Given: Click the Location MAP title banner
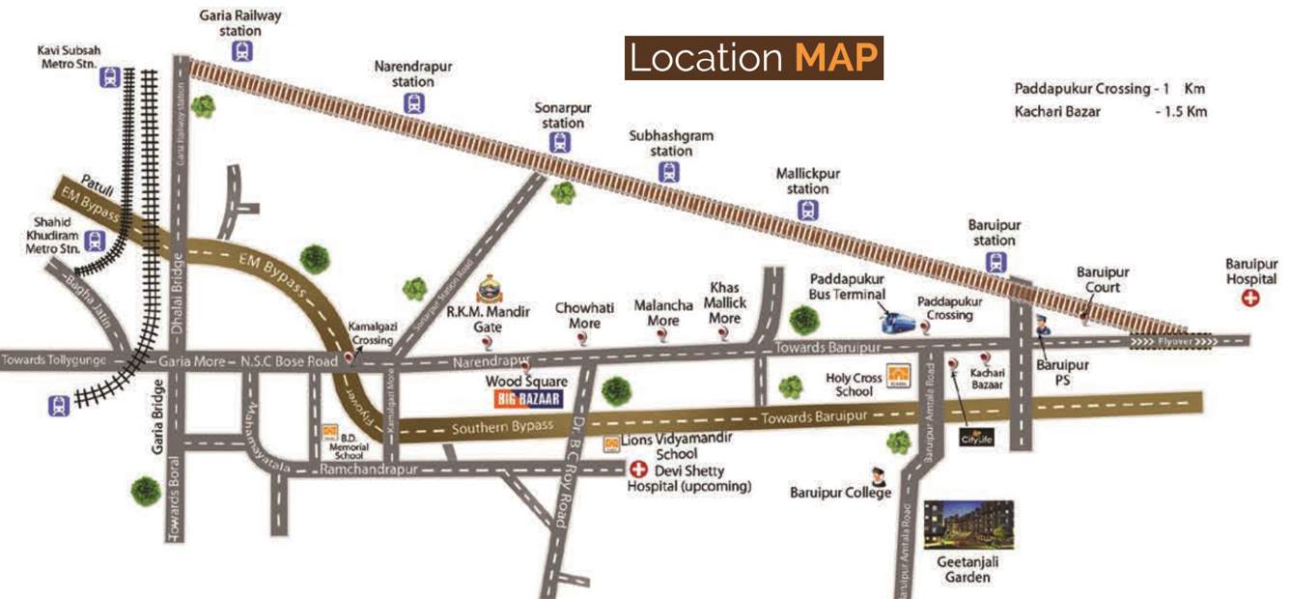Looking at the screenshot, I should pos(753,58).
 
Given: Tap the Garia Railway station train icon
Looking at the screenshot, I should pos(242,51).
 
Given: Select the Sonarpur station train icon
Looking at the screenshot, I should pos(560,142).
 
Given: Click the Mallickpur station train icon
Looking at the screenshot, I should pos(808,210).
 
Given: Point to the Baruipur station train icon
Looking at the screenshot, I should pos(995,261).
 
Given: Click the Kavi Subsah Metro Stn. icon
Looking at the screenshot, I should pos(110,77).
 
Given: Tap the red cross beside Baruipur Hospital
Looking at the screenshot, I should pos(1250,299).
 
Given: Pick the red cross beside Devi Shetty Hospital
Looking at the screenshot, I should pos(637,471).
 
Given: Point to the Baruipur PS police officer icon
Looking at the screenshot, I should pos(1043,327).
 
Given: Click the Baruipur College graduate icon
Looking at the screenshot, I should pos(878,475).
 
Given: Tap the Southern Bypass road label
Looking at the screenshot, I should pos(503,426).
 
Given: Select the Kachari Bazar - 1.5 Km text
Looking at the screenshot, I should pos(1110,112).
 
